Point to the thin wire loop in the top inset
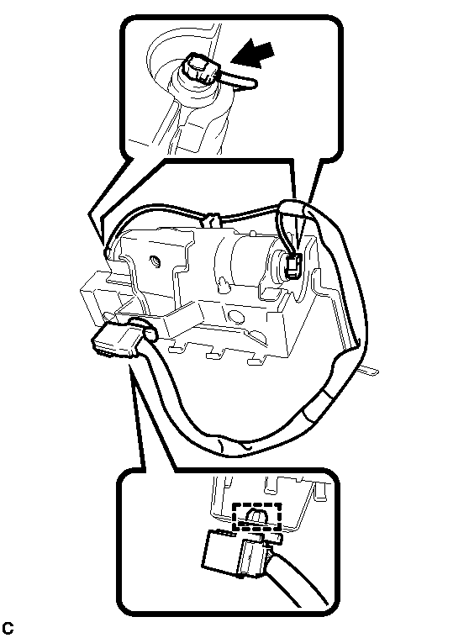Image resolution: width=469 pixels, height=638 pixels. tap(240, 79)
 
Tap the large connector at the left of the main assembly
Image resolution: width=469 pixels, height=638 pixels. tap(114, 340)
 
